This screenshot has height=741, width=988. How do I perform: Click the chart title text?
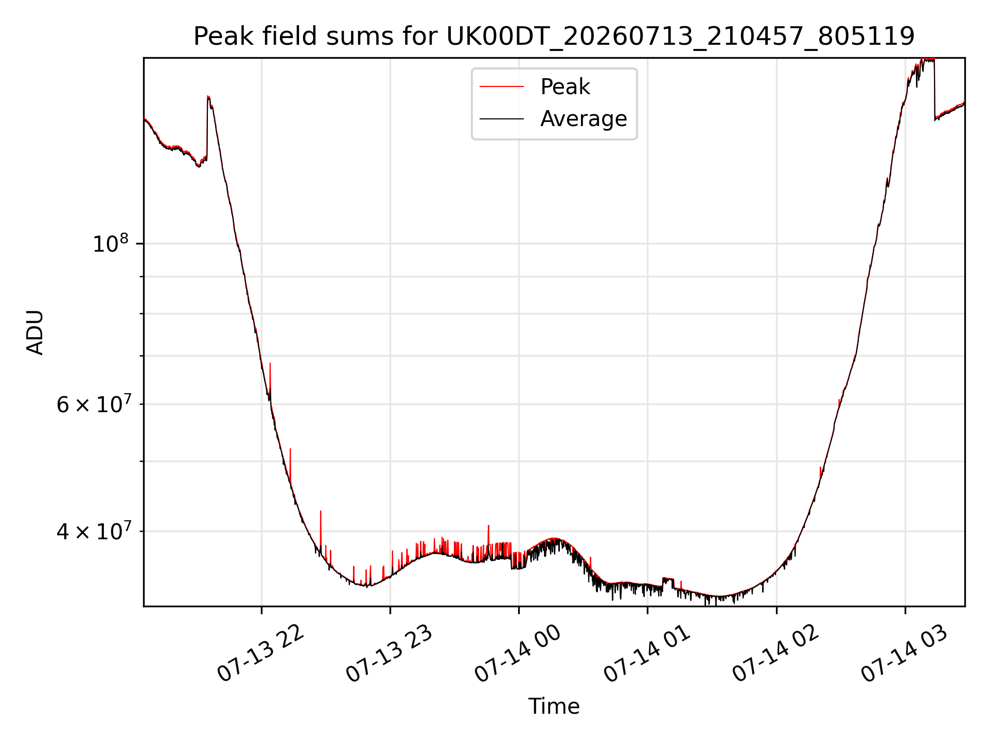point(554,37)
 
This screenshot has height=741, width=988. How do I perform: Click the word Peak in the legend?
point(565,87)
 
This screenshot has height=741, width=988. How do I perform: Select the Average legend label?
point(584,119)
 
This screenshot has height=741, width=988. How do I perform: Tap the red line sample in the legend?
point(502,87)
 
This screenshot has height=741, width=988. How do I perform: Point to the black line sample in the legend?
point(502,119)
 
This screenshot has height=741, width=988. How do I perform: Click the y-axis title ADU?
point(35,332)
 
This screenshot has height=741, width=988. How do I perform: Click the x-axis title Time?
point(554,707)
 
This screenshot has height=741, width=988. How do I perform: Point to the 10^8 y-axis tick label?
point(110,243)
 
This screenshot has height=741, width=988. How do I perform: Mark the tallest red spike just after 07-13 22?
point(270,363)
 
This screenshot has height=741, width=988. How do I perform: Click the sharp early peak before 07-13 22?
point(208,97)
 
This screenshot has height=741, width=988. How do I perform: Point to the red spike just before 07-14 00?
point(488,526)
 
